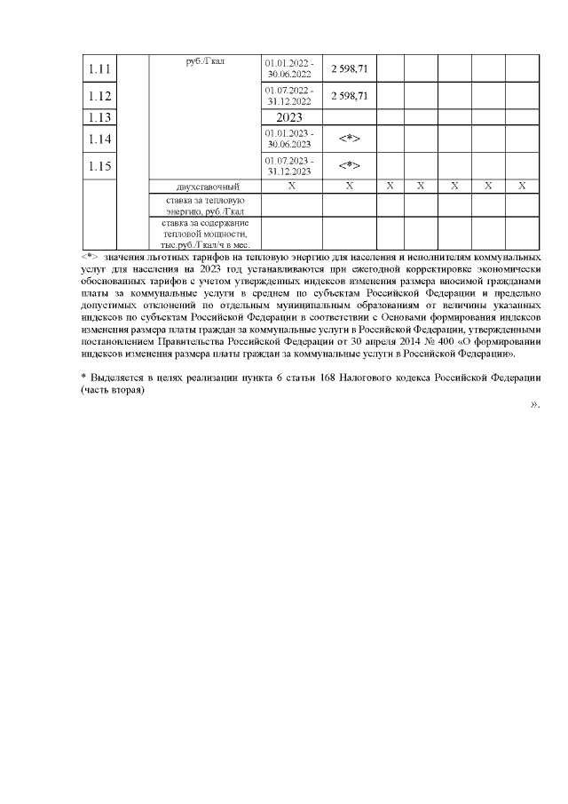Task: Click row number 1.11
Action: [99, 68]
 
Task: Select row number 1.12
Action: [99, 96]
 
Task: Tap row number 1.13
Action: [99, 116]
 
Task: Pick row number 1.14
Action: [99, 139]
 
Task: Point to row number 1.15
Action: [99, 166]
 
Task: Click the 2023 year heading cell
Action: [290, 116]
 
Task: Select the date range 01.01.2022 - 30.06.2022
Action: [290, 68]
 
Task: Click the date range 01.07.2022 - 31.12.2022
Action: [290, 96]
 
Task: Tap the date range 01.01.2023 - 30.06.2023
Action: [290, 139]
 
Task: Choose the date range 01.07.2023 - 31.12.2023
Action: [290, 166]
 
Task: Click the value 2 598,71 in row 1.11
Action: [349, 68]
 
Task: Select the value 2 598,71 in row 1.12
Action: [349, 96]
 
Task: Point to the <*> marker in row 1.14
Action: [349, 139]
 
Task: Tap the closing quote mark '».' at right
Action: [535, 405]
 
